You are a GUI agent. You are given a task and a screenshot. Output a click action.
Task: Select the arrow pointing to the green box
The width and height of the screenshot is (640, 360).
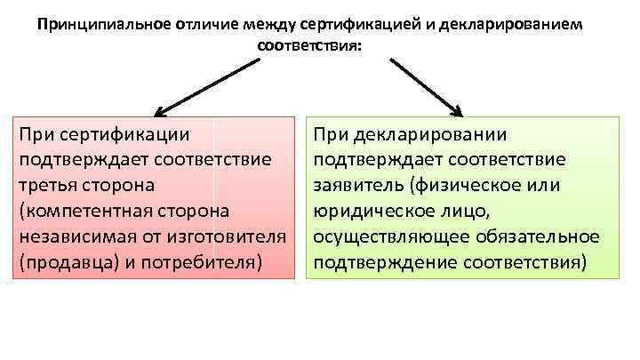pyautogui.click(x=427, y=87)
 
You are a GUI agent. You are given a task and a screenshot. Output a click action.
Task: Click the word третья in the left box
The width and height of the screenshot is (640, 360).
pyautogui.click(x=48, y=187)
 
